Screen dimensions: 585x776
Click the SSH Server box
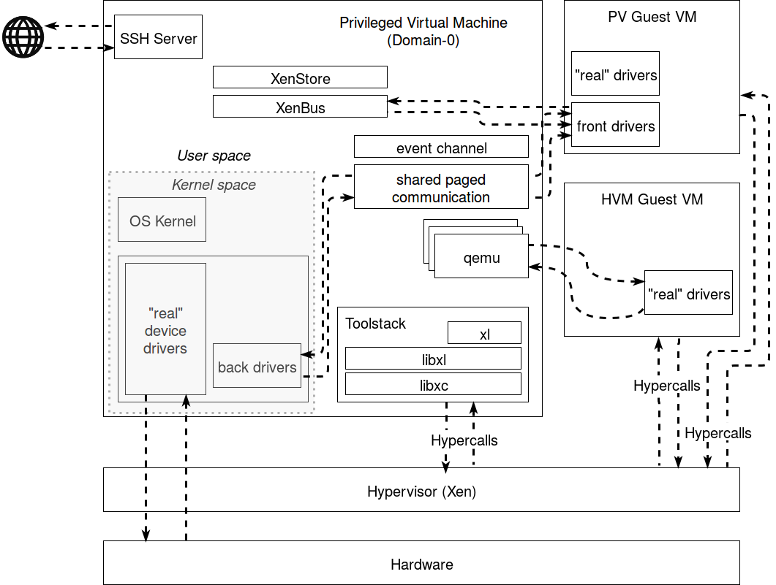[x=158, y=38]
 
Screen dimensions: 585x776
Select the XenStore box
[x=300, y=78]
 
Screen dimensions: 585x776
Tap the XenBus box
[x=300, y=107]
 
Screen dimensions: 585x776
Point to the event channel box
[x=441, y=148]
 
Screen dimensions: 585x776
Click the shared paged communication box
[x=441, y=188]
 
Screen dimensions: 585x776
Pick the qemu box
[x=481, y=257]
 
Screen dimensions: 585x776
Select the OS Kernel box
[x=162, y=221]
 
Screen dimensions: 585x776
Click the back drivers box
[x=257, y=367]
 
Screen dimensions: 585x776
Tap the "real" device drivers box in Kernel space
[x=165, y=330]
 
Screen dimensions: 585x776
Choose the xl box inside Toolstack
[x=484, y=334]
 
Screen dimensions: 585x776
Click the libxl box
[x=434, y=359]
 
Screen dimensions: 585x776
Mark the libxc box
[x=434, y=384]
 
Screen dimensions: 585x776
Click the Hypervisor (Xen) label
[x=421, y=492]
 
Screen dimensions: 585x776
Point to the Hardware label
[x=421, y=564]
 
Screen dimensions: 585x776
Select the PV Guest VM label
[x=652, y=16]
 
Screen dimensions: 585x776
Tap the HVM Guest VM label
[x=652, y=199]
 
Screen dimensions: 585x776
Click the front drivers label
[x=616, y=126]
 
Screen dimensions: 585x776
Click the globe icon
[x=23, y=36]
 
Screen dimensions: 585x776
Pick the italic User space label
[x=214, y=156]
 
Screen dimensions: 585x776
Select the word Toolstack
[x=375, y=324]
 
